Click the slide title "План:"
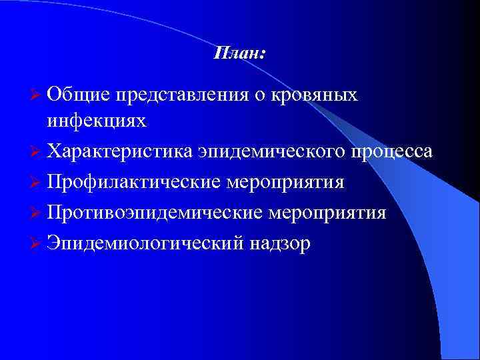[x=239, y=53]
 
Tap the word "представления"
[x=181, y=95]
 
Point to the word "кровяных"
[x=314, y=95]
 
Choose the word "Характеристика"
[x=119, y=152]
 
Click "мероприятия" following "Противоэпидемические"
[x=328, y=213]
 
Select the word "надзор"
[x=280, y=244]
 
